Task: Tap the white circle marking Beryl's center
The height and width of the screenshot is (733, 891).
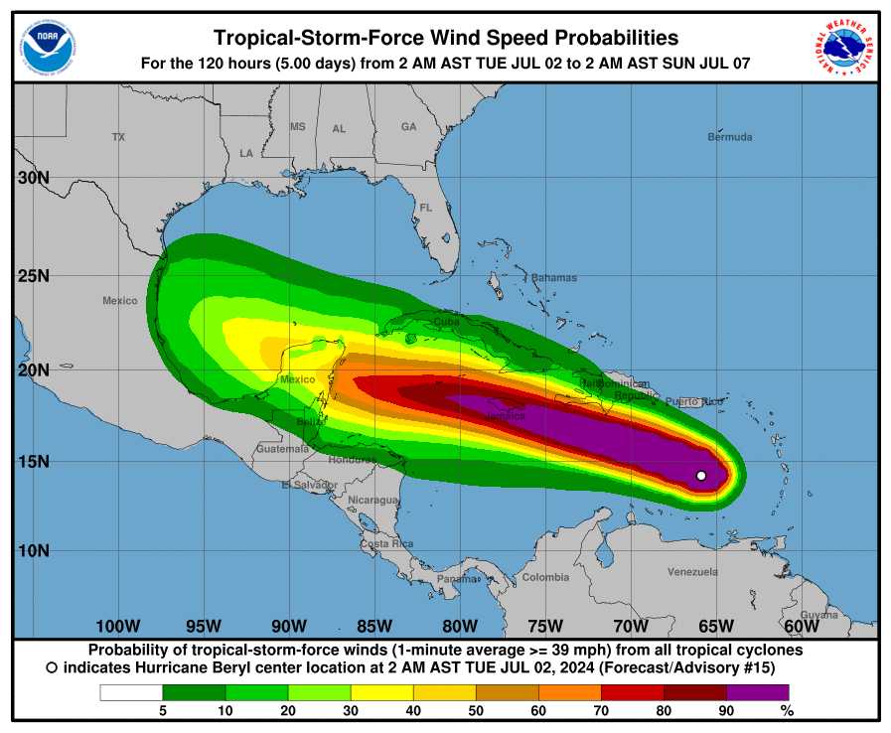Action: click(701, 476)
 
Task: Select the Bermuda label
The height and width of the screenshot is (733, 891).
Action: click(729, 137)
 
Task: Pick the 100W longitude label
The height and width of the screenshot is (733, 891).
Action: click(117, 626)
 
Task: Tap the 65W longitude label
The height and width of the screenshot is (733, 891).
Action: click(715, 626)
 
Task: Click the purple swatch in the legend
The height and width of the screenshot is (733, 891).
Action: click(758, 692)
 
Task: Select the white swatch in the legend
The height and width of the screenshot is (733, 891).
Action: click(131, 692)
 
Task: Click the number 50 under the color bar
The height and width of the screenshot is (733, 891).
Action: click(476, 711)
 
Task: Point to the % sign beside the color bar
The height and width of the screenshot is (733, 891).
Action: click(788, 711)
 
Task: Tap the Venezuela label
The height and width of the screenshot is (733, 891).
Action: click(692, 572)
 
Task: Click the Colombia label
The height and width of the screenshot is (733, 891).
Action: click(545, 578)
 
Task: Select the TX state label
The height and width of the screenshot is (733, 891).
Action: click(119, 137)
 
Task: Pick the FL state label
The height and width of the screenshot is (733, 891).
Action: click(426, 209)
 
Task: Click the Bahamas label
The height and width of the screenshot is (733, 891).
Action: click(553, 278)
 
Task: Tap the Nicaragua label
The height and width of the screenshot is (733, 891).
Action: click(372, 501)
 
